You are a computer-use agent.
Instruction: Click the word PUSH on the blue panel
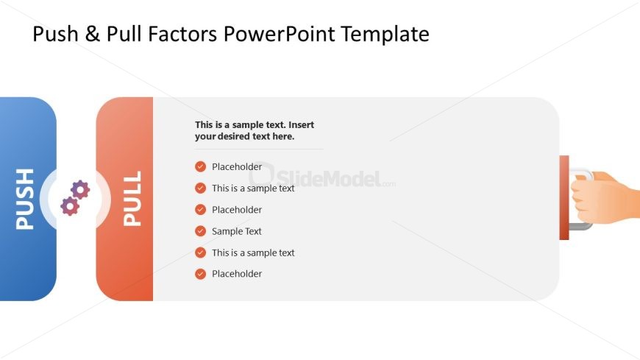tap(25, 199)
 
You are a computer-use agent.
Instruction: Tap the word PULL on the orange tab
tap(132, 199)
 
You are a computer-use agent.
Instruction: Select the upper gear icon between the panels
tap(80, 190)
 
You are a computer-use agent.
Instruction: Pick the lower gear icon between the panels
tap(70, 206)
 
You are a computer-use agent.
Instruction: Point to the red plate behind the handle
tap(563, 197)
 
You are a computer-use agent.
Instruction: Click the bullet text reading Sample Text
tap(237, 231)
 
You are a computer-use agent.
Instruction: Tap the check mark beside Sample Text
tap(200, 231)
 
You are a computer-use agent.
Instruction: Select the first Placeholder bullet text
tap(237, 167)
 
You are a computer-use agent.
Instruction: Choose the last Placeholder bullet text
tap(237, 274)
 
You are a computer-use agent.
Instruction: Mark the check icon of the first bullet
tap(200, 167)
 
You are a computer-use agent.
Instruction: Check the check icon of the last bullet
tap(200, 274)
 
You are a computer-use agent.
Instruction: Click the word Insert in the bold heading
tap(300, 125)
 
